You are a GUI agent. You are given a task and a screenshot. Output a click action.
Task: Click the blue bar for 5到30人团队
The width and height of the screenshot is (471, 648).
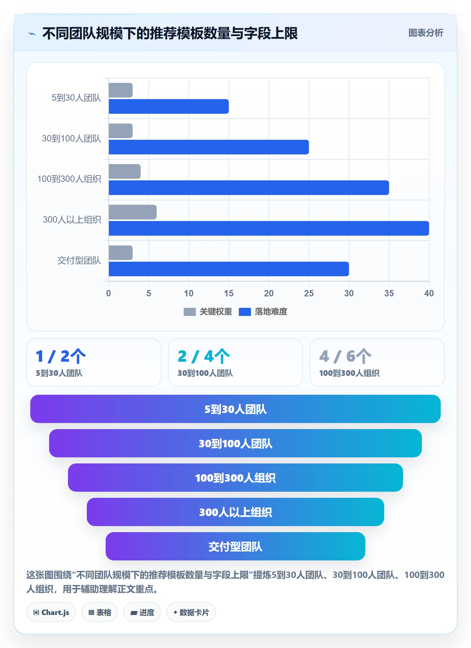coord(169,106)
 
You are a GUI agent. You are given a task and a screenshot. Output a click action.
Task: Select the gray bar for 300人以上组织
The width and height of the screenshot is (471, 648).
coord(133,212)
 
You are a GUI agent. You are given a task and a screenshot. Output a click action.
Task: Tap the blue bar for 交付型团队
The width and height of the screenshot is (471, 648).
coord(229,269)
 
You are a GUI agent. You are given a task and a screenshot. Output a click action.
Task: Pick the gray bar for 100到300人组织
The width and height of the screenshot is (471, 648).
coord(124,171)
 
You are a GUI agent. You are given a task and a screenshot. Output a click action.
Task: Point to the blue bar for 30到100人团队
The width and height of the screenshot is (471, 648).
coord(209,147)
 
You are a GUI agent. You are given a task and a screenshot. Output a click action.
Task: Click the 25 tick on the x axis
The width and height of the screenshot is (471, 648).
coord(309,293)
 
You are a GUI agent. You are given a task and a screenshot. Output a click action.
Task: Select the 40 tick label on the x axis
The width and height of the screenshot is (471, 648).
coord(429,293)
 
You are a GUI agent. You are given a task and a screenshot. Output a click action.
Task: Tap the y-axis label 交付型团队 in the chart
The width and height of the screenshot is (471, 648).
coord(79,261)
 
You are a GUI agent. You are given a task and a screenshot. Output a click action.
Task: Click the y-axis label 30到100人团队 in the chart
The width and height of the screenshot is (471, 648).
coord(71,139)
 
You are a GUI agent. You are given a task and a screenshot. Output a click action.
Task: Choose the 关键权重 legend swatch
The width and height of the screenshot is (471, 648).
coord(190,312)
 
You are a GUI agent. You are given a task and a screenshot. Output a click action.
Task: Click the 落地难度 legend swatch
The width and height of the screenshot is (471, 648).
coord(245,312)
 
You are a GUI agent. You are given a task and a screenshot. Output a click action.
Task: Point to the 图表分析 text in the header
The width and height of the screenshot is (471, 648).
coord(426,33)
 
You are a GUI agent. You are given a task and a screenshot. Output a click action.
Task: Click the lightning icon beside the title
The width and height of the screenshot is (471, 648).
coord(32,34)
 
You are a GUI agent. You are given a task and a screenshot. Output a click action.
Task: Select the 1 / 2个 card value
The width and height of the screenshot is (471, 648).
coord(61,356)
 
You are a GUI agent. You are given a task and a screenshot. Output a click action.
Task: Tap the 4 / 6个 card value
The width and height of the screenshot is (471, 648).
coord(345,356)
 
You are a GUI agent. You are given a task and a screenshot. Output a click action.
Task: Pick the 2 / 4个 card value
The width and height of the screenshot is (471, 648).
coord(204,356)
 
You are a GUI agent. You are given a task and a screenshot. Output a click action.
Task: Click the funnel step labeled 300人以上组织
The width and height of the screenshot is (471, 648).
coord(235,512)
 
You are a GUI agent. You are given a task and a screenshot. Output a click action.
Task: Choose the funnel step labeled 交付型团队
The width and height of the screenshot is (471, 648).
coord(235,546)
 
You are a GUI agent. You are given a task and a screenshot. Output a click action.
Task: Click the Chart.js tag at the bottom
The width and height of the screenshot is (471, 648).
coord(51,612)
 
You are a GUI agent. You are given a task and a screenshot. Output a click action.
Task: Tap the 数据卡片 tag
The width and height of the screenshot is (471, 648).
coord(191,612)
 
